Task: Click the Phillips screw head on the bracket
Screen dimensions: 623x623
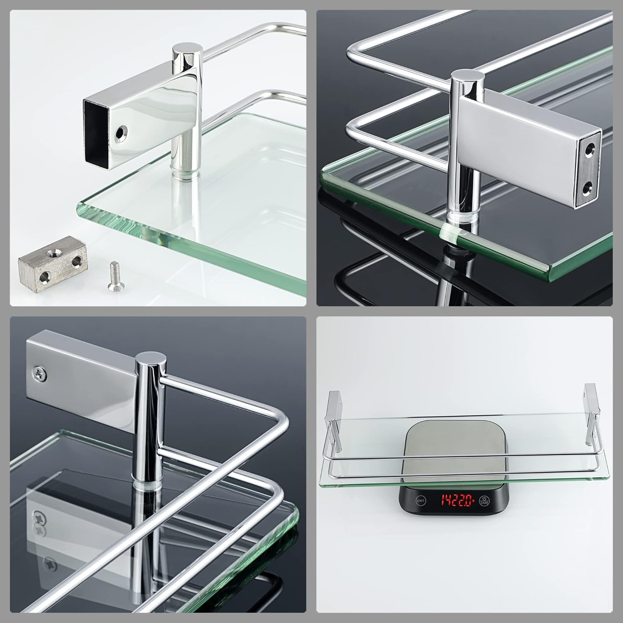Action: pos(39,373)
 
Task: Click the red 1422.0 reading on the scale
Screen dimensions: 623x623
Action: pos(457,500)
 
